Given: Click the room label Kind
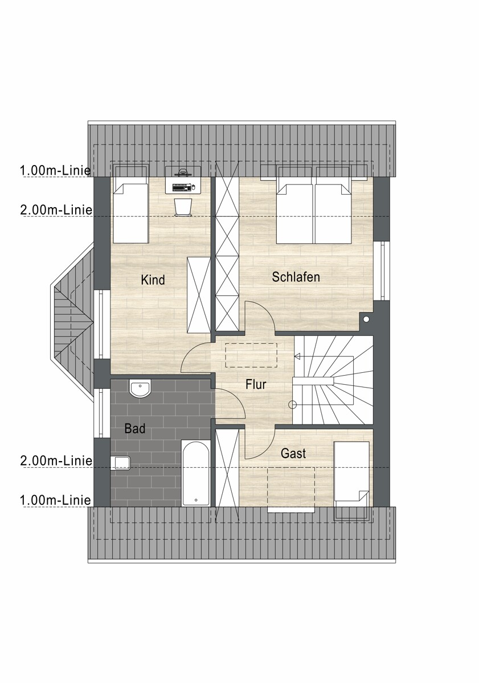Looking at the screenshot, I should [x=153, y=280].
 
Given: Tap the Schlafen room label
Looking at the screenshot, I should [x=296, y=277].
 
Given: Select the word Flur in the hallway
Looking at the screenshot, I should [x=256, y=385].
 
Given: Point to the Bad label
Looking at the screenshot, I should [x=135, y=429].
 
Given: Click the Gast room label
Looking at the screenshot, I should [x=293, y=454].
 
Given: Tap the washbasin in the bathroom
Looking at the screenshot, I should [x=140, y=389].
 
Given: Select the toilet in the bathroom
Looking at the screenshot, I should [x=122, y=463].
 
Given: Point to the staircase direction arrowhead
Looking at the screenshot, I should [x=297, y=356].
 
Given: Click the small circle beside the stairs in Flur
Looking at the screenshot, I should [x=293, y=405].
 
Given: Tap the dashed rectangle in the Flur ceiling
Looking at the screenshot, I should [x=251, y=355].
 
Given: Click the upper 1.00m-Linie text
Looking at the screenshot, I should [x=56, y=170].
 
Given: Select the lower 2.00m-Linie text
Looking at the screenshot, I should [x=56, y=460].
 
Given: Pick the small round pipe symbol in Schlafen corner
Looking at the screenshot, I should [x=366, y=320].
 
